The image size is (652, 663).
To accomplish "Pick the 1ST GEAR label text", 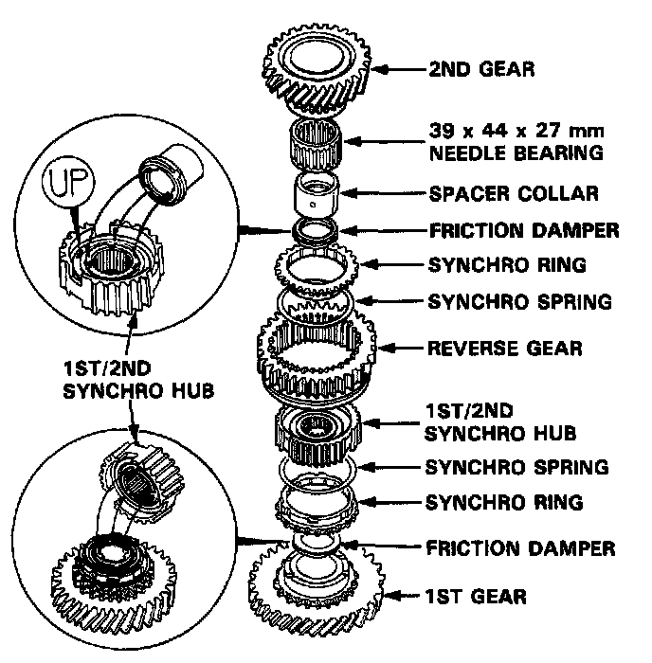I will [476, 597].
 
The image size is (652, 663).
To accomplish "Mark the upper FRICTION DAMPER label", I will [523, 229].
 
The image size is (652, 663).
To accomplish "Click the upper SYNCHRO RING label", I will [505, 265].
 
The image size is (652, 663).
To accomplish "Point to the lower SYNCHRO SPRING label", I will [517, 467].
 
